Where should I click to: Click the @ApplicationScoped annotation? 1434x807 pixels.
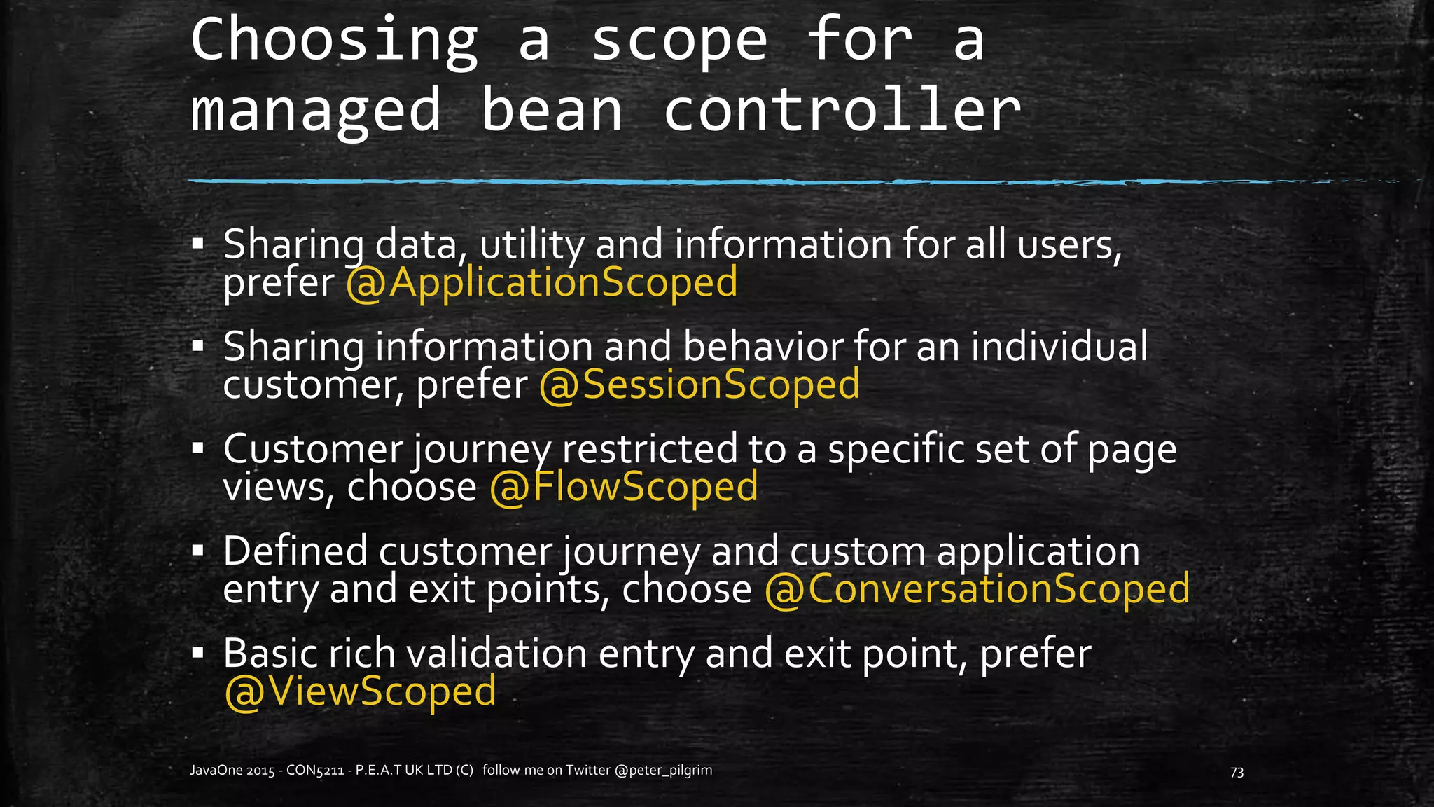pos(542,282)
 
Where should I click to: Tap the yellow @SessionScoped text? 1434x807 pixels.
pos(699,385)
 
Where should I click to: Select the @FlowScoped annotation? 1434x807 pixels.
pos(623,487)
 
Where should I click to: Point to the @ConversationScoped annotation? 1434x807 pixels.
pos(977,589)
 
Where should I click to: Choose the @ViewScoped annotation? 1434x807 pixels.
pos(360,691)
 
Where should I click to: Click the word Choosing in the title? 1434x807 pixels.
pos(335,41)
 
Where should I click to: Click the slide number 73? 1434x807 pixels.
pos(1237,772)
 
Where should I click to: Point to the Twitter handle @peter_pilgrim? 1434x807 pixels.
pos(663,771)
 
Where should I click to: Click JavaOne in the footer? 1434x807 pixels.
pos(216,771)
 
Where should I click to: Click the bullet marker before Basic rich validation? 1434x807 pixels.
pos(198,654)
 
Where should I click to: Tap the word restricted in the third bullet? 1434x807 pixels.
pos(649,449)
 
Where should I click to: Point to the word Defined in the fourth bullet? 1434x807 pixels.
pos(295,551)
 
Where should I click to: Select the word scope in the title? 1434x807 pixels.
pos(679,41)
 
